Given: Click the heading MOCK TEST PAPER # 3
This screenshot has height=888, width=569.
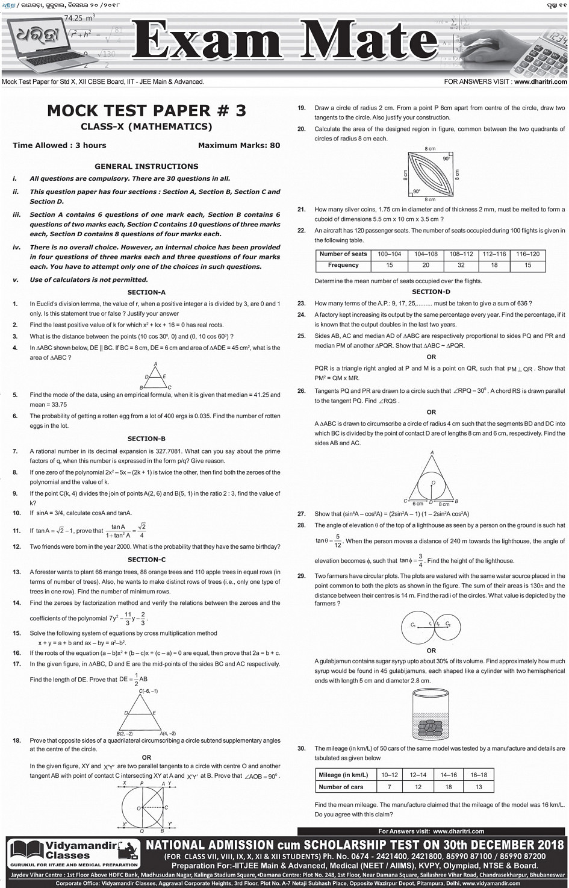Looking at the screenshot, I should click(146, 110).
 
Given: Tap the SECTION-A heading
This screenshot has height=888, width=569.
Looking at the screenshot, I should click(146, 292).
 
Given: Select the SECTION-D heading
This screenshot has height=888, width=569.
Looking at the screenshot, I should click(431, 292).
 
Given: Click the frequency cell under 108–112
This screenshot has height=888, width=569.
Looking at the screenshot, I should click(461, 265).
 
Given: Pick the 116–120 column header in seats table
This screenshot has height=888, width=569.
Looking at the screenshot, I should click(527, 254).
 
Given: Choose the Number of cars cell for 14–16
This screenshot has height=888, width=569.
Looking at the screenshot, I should click(448, 787).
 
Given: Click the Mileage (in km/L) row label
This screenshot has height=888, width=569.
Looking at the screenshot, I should click(343, 775).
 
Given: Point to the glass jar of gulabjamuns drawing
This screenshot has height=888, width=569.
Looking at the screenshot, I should click(430, 715).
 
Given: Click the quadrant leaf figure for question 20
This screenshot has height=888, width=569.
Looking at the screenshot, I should click(430, 172).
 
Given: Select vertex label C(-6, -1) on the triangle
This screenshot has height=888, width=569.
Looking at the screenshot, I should click(148, 691).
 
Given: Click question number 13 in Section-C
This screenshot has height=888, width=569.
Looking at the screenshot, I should click(17, 572).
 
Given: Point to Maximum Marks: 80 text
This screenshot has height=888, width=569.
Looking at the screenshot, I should click(238, 145).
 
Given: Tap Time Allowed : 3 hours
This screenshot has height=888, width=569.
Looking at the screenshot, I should click(59, 145).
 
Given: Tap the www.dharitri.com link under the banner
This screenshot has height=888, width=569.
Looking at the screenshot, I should click(540, 81).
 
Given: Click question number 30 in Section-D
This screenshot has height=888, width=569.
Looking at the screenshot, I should click(302, 748).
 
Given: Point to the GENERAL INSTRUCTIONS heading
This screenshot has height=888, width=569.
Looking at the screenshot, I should click(146, 166).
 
